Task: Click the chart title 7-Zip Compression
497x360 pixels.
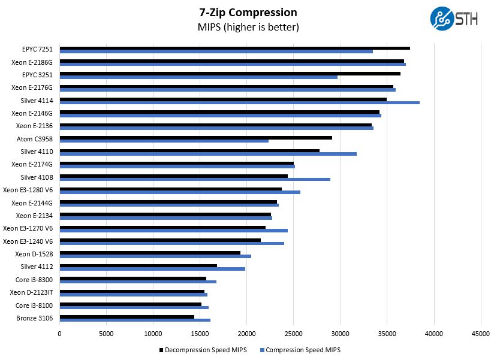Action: [x=248, y=12]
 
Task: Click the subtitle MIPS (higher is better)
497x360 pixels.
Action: [x=248, y=28]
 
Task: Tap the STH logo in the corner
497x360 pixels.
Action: [x=453, y=19]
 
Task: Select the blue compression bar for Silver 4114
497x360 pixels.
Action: [x=239, y=102]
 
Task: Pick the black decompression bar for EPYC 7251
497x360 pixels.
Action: [x=234, y=48]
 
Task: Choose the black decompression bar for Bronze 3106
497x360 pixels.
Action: [x=126, y=316]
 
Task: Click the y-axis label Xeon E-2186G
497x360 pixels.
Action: [x=32, y=62]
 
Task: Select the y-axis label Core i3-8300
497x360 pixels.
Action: [x=35, y=280]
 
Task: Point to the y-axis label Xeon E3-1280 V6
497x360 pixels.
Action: [x=28, y=190]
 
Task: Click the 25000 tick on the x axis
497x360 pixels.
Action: [x=293, y=333]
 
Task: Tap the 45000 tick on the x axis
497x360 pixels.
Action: [x=480, y=333]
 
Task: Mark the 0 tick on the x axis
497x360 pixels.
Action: [x=59, y=333]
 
